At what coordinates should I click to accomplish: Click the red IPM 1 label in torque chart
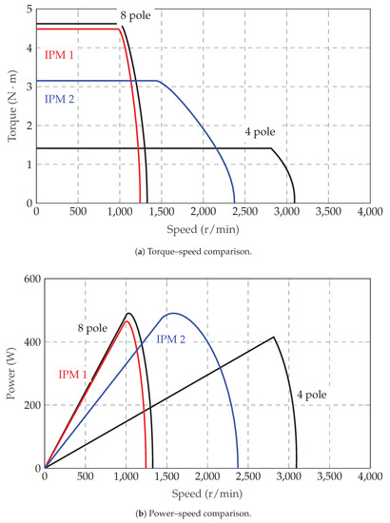(61, 55)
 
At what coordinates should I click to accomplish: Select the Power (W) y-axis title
(10, 373)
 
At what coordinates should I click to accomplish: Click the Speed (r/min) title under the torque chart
(209, 228)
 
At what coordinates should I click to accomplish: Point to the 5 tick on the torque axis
(28, 9)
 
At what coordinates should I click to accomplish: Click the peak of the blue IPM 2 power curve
(173, 313)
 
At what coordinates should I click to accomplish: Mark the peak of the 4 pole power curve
(274, 337)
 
